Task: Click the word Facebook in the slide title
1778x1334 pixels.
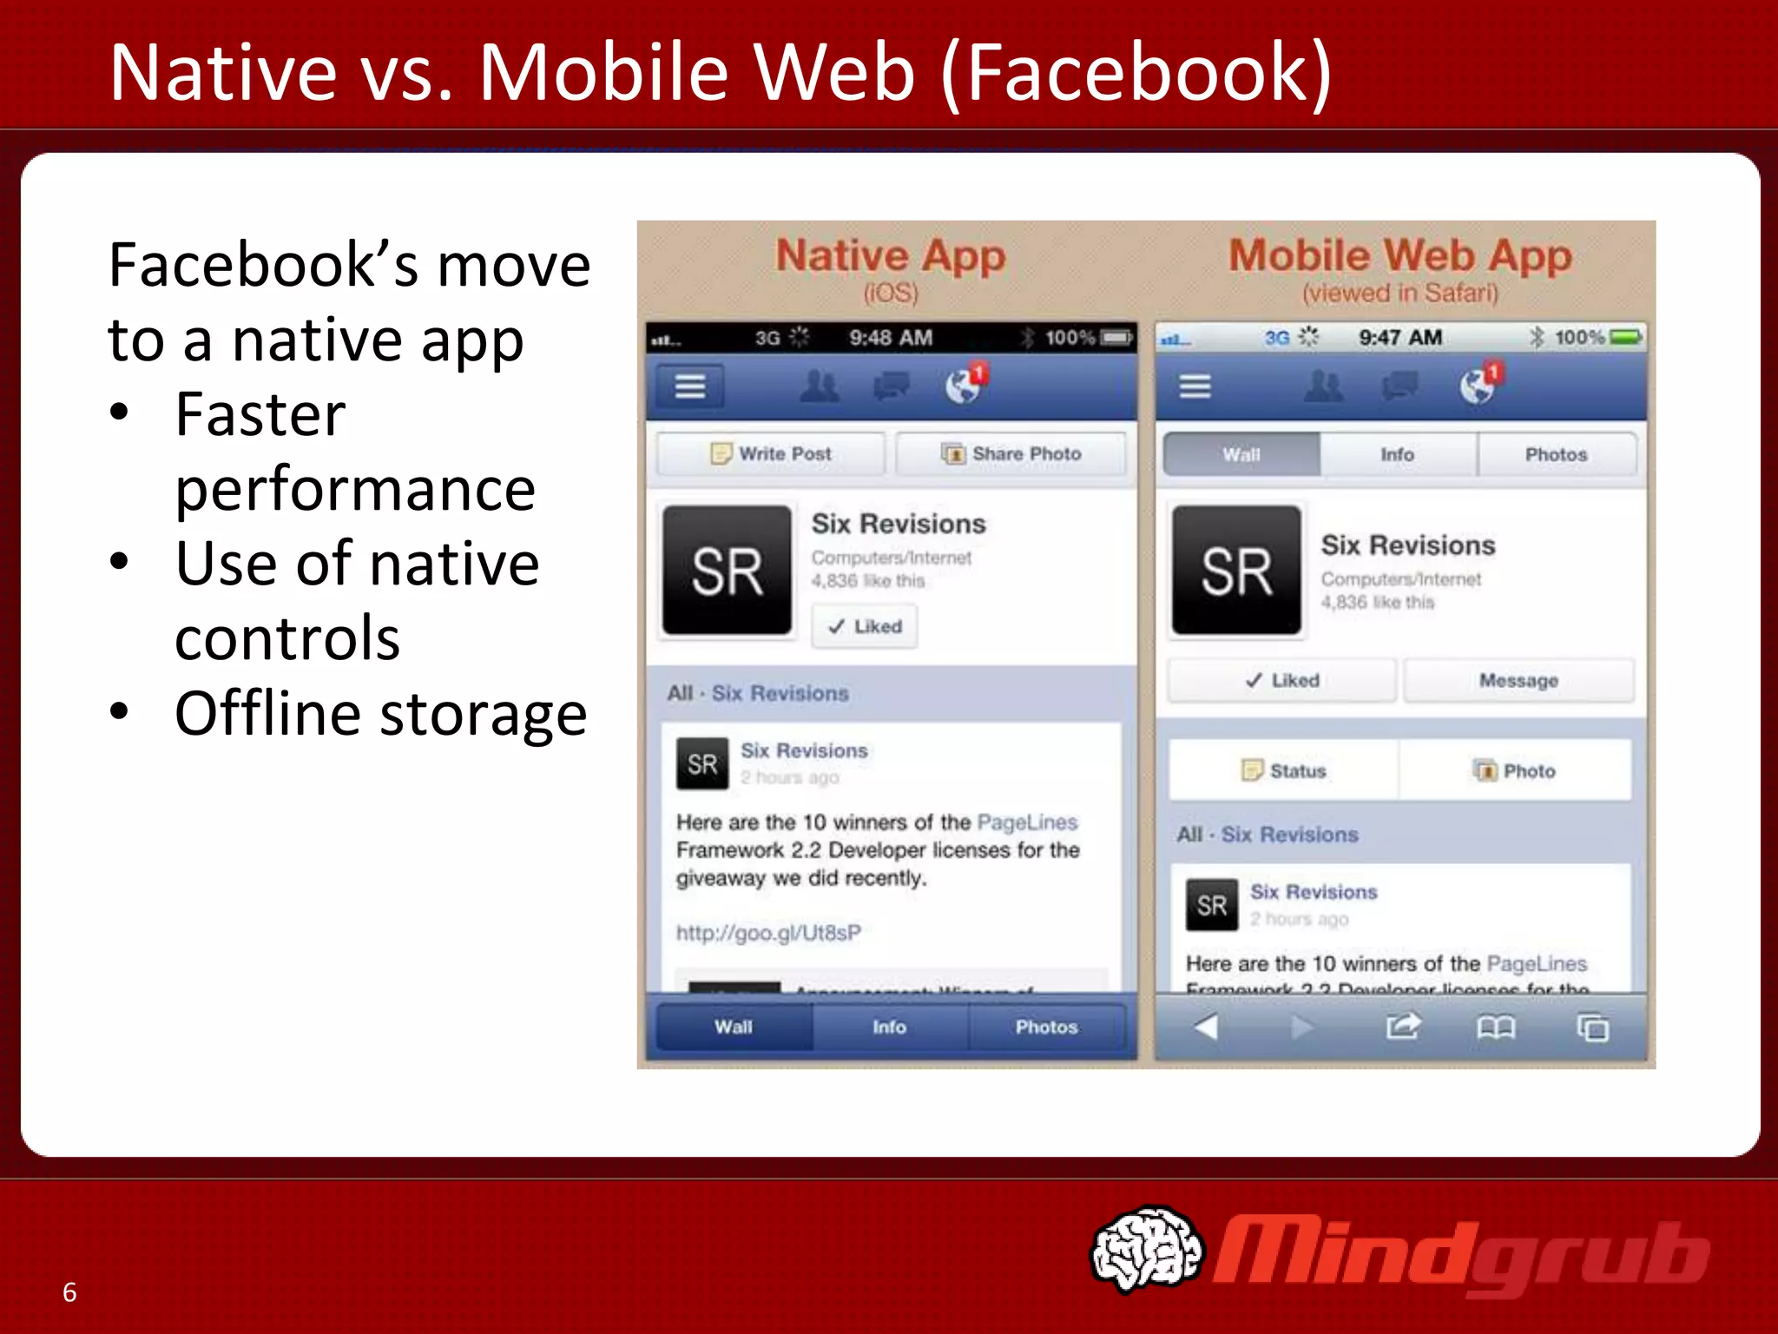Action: [x=1136, y=73]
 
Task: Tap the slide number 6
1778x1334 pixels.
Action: [x=69, y=1292]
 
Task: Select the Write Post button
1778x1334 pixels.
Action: [x=771, y=454]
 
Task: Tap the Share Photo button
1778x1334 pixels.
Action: [x=1011, y=454]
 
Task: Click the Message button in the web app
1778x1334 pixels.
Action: [x=1518, y=681]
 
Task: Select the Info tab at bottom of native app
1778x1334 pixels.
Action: [x=889, y=1027]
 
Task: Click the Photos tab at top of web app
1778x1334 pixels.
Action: [x=1556, y=455]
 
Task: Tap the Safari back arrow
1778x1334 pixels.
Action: [x=1207, y=1027]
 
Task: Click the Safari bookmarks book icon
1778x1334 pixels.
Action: [x=1495, y=1028]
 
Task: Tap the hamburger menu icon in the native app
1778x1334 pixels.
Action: [x=690, y=386]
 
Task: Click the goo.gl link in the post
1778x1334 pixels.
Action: [x=768, y=933]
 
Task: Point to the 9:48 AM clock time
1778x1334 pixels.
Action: [x=890, y=338]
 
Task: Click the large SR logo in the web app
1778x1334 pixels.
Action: [x=1236, y=571]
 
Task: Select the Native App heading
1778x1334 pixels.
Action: [x=890, y=256]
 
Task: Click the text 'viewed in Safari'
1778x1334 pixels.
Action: [x=1399, y=294]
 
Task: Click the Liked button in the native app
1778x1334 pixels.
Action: [x=865, y=626]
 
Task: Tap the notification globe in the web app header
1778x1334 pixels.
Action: [x=1477, y=386]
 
